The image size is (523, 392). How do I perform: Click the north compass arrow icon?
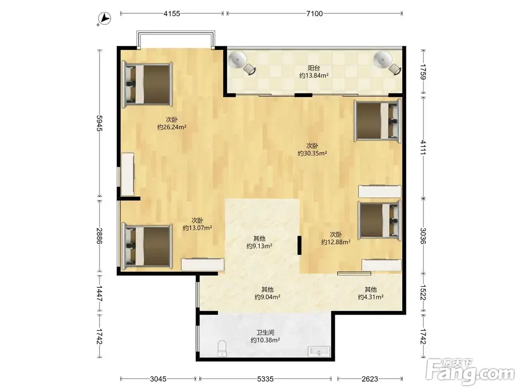coord(104,18)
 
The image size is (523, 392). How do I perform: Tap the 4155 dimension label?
coord(172,14)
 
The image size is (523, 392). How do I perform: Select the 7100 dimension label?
coord(314,14)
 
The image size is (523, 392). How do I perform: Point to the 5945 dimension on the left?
coord(100,123)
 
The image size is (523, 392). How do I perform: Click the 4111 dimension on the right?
coord(423,147)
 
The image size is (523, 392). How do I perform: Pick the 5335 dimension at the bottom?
coord(265,379)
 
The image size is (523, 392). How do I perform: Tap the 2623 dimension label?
coord(370,379)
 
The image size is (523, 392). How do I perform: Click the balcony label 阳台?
coord(314,68)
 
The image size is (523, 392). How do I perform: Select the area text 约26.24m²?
coord(172,127)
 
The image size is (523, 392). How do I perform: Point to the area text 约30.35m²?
coord(312,153)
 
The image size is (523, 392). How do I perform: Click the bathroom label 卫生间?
coord(265,332)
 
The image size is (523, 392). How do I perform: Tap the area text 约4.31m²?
coord(371,296)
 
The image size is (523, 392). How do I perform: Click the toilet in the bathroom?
coord(222,348)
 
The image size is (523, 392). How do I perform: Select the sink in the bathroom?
coord(319,352)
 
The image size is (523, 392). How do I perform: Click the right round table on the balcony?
coord(383,60)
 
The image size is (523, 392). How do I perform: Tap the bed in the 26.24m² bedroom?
coord(147,84)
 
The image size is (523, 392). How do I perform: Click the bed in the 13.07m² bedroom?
coord(147,246)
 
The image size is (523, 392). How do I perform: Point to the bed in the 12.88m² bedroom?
coord(380,220)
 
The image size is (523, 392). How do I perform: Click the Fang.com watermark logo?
coord(471,371)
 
